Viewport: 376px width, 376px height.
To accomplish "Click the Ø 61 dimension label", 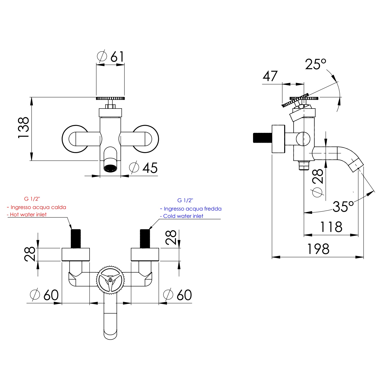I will (111, 57).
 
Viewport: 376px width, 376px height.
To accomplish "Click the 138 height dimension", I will (24, 128).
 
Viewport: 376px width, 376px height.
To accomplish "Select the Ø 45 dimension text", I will (143, 168).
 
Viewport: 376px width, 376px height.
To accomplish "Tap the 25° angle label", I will (315, 64).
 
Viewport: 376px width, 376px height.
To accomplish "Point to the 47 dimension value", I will (270, 76).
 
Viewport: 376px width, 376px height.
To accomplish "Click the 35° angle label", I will (343, 206).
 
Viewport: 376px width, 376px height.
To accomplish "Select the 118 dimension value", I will (331, 227).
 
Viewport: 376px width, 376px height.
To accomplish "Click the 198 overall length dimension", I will (318, 249).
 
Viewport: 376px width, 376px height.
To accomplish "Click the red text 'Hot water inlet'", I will (28, 215).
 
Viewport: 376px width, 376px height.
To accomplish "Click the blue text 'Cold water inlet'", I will (183, 216).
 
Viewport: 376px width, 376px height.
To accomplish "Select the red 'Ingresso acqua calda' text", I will (38, 207).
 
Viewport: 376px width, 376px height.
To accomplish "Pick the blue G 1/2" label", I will (185, 200).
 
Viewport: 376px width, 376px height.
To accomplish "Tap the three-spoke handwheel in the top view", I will (110, 280).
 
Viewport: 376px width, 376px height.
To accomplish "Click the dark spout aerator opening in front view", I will (110, 168).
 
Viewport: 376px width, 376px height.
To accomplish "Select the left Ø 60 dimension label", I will (44, 295).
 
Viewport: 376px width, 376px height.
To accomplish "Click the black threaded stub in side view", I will (262, 138).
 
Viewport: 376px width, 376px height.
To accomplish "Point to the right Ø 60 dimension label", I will (178, 295).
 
